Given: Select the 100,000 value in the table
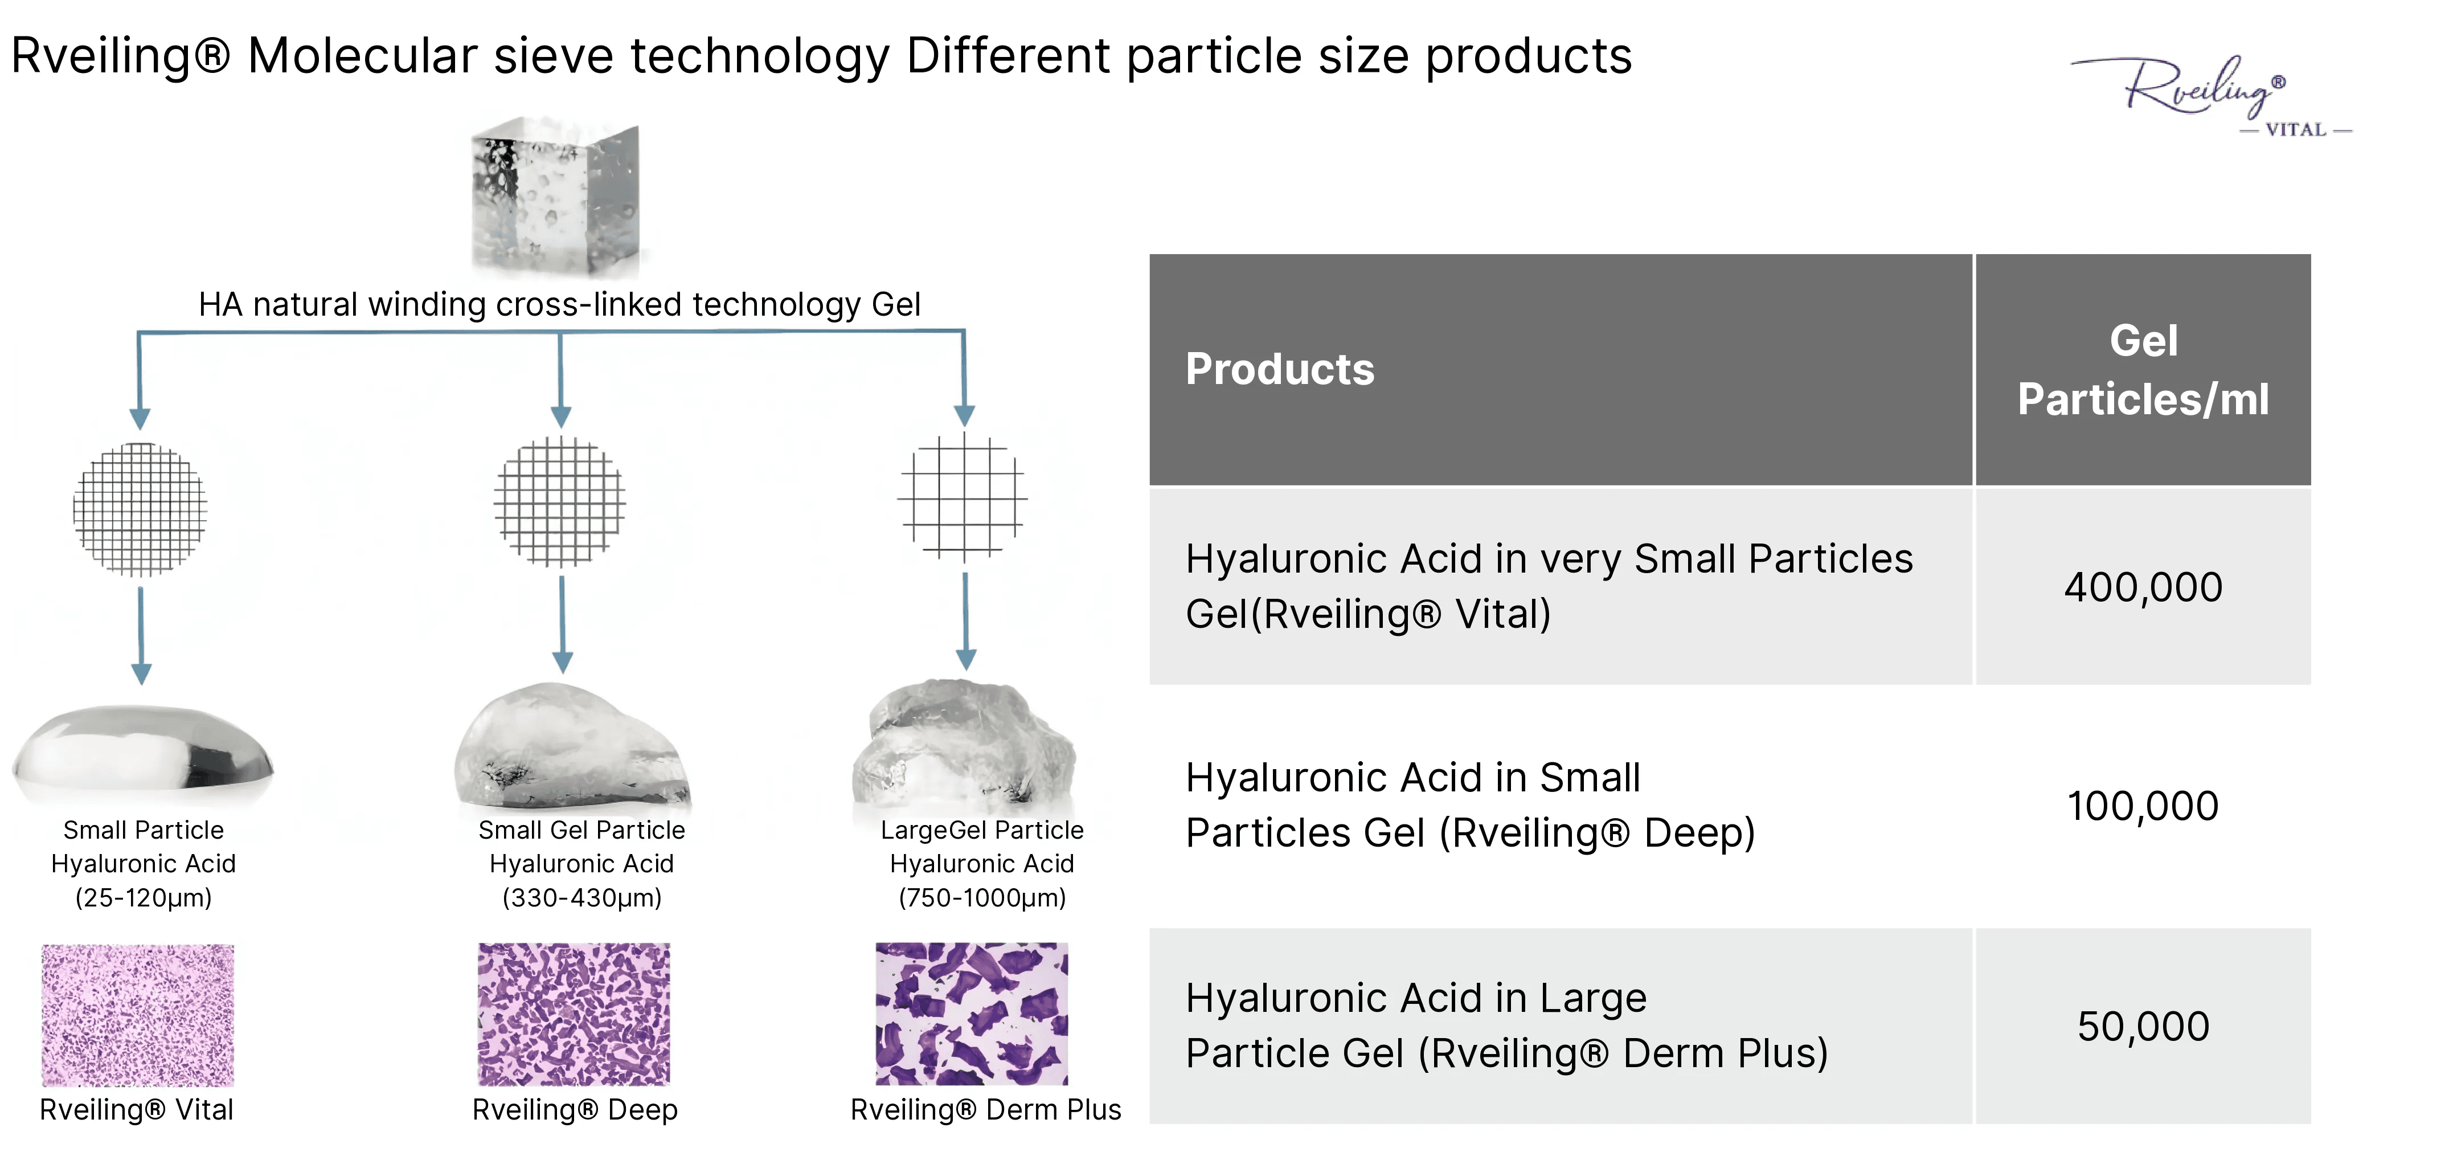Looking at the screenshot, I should (2143, 806).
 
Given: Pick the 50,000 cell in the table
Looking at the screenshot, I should (2143, 1026).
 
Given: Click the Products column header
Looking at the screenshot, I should (1280, 369).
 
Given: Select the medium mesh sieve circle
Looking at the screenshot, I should (560, 501).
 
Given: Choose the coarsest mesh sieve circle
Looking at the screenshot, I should (963, 496).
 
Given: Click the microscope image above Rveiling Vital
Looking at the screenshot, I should (138, 1015).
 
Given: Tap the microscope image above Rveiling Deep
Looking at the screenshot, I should (574, 1014).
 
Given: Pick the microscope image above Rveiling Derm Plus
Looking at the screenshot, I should (972, 1014).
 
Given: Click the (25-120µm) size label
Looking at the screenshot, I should (144, 897).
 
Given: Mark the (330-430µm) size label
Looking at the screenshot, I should (582, 897).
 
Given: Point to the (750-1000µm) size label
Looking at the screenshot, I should (982, 897).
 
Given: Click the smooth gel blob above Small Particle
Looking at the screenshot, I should (142, 751).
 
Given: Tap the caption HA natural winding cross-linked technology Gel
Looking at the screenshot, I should (559, 304).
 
